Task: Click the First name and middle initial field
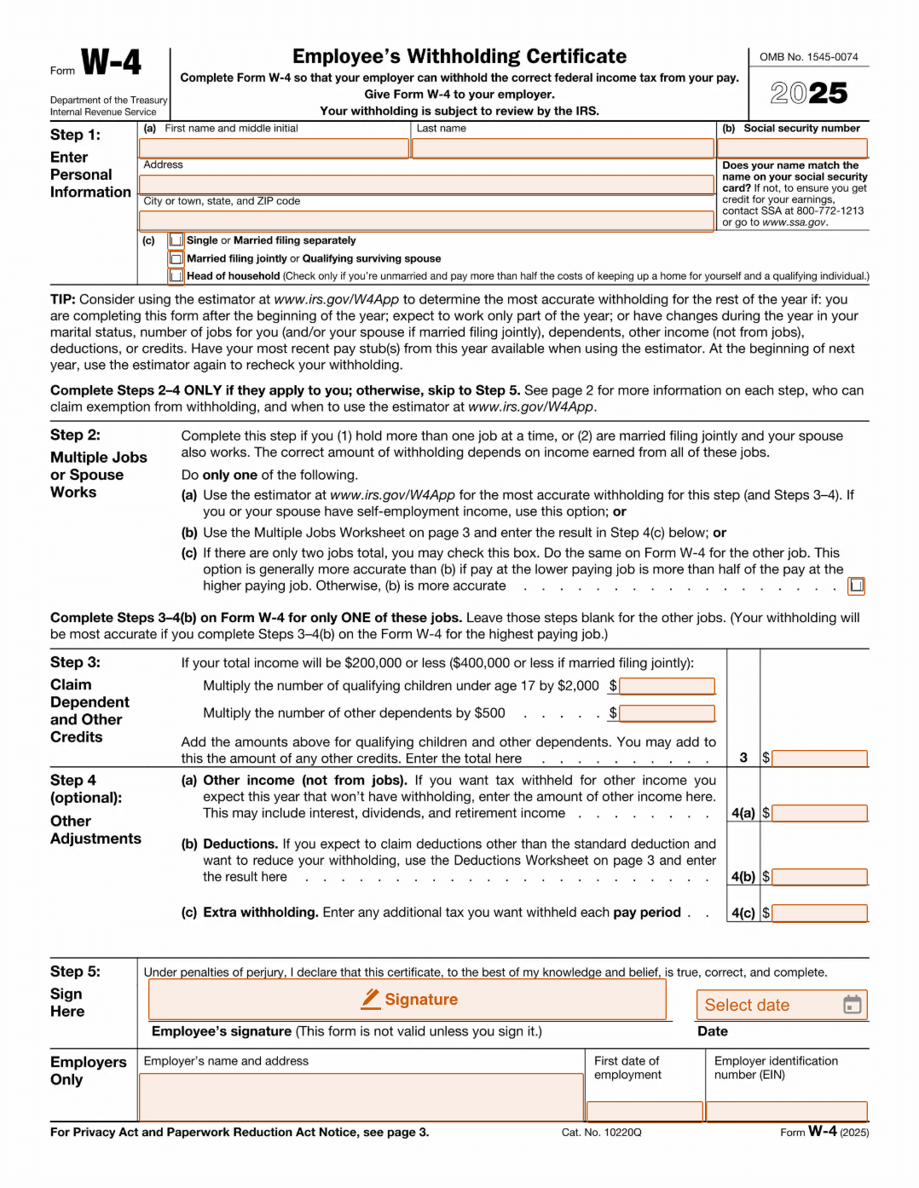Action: pyautogui.click(x=274, y=148)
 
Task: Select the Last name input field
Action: pyautogui.click(x=563, y=148)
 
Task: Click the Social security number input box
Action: pyautogui.click(x=794, y=148)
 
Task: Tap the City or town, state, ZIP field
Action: pyautogui.click(x=426, y=221)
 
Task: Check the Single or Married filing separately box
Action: pyautogui.click(x=176, y=240)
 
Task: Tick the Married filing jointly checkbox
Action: pyautogui.click(x=176, y=258)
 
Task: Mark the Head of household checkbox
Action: pyautogui.click(x=176, y=276)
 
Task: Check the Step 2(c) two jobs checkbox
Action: pyautogui.click(x=857, y=585)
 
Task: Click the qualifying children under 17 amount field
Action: pyautogui.click(x=668, y=686)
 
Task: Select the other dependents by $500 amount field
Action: pyautogui.click(x=668, y=713)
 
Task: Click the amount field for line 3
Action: pyautogui.click(x=819, y=758)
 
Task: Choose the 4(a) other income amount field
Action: pyautogui.click(x=819, y=813)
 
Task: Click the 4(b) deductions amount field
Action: pyautogui.click(x=819, y=877)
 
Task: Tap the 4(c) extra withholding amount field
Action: pyautogui.click(x=819, y=914)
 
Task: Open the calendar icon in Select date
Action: pyautogui.click(x=852, y=1005)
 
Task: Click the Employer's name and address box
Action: pyautogui.click(x=361, y=1097)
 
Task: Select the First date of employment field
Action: pyautogui.click(x=645, y=1110)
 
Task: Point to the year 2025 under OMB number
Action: pyautogui.click(x=809, y=93)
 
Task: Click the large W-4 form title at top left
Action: pyautogui.click(x=111, y=62)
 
